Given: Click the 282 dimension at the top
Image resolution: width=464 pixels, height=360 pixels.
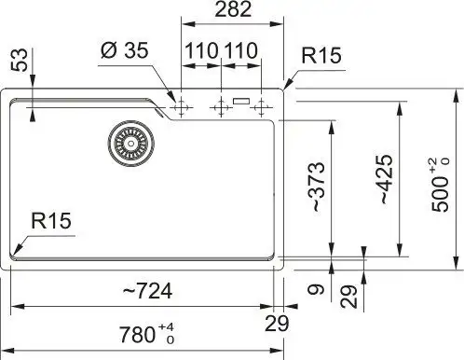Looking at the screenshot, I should pos(231,11).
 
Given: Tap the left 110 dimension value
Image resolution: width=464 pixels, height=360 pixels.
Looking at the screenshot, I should pos(199,50).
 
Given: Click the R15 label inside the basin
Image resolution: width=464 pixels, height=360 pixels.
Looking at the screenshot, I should pos(51,221).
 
